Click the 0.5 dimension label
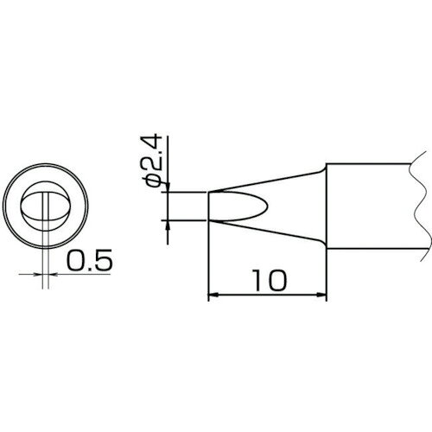click(89, 260)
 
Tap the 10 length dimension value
click(270, 280)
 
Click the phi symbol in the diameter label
click(153, 180)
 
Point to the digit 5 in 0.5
click(104, 260)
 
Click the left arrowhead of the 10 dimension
click(212, 295)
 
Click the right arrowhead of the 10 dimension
click(322, 295)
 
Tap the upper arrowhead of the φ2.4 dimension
click(168, 187)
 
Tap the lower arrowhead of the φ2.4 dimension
click(168, 225)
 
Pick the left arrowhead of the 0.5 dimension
click(38, 275)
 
